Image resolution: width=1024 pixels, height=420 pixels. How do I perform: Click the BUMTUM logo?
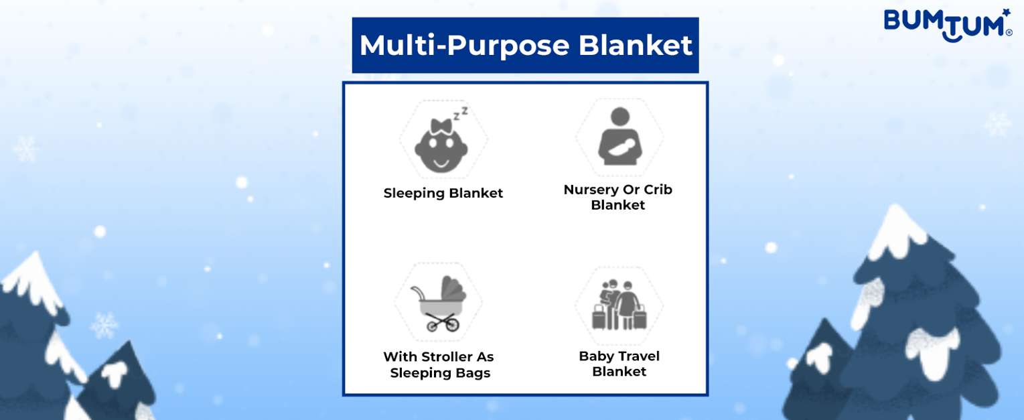948,25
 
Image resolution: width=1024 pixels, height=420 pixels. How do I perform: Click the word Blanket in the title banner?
636,46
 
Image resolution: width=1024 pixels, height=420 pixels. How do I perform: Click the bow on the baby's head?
441,126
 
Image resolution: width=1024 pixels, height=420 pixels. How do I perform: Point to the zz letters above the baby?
460,113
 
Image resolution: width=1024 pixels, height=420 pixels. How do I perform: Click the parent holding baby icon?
620,136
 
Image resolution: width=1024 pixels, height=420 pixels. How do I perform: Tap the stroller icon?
439,303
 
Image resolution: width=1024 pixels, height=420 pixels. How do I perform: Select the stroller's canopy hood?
453,289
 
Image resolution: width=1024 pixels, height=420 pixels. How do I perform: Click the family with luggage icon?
619,305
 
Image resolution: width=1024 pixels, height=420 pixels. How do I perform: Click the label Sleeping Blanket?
443,194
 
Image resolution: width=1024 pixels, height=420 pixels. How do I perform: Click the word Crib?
658,189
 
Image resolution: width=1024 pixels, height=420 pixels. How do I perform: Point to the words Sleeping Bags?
440,373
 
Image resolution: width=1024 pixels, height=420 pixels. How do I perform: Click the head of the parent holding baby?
620,116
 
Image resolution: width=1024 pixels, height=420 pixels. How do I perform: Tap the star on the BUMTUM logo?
1005,12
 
